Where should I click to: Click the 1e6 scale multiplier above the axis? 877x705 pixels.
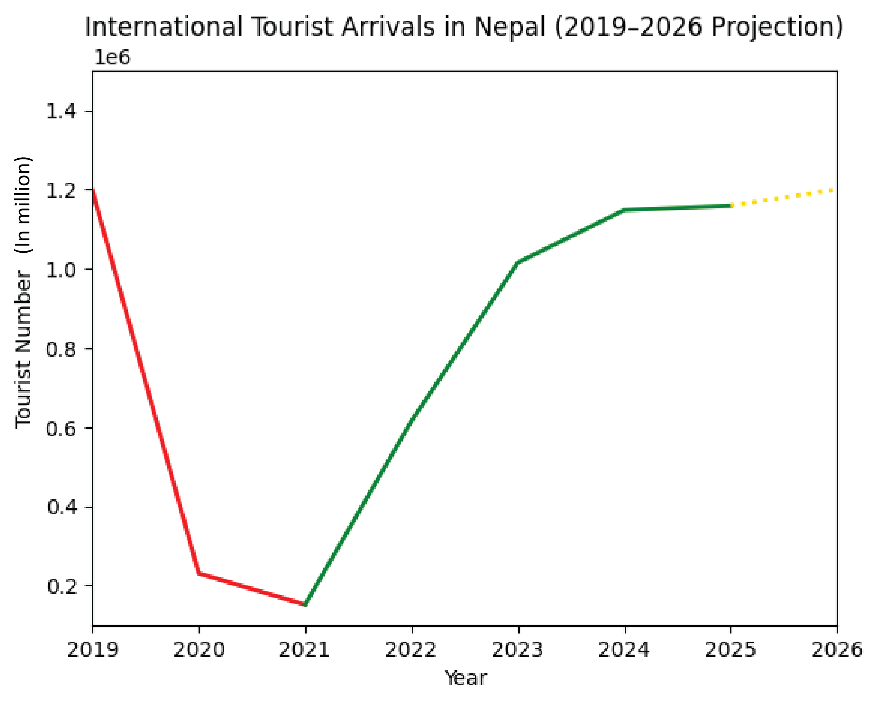tap(112, 58)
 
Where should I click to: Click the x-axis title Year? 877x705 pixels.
tap(466, 678)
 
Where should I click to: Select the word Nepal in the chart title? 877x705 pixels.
tap(510, 27)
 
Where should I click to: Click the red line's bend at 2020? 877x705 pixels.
tap(199, 573)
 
